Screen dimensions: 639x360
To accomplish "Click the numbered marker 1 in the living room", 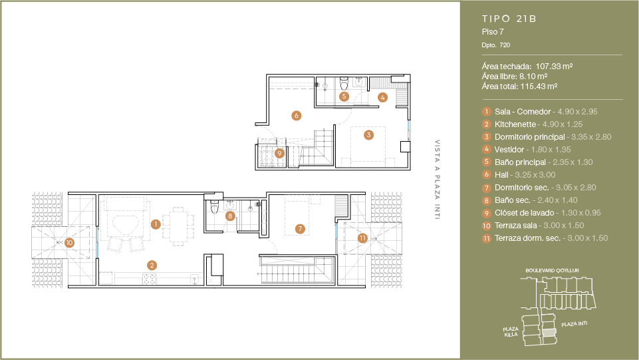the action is (x=156, y=224).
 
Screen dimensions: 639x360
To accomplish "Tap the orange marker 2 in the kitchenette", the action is (x=152, y=266).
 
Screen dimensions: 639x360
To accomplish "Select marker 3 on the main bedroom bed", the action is (x=368, y=135).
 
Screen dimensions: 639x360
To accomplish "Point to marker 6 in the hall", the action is (x=297, y=116).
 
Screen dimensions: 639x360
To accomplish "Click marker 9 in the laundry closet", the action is (x=279, y=154).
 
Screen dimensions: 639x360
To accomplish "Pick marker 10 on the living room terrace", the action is (x=69, y=243).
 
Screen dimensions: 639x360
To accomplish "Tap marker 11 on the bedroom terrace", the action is (x=362, y=238).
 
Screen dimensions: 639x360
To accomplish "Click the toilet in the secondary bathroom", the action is (x=215, y=207).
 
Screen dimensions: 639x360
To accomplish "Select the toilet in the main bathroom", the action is (x=344, y=83).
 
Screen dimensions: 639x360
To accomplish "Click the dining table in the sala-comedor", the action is (x=178, y=226).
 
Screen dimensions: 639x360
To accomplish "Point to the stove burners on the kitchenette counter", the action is (x=149, y=279).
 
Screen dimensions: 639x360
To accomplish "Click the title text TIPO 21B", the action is (x=509, y=19).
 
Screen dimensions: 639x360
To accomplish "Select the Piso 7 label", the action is (x=493, y=32).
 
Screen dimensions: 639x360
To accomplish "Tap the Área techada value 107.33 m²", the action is (x=555, y=66).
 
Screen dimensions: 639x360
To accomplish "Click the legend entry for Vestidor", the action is (x=533, y=150).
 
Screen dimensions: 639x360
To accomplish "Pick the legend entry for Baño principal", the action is (x=544, y=162).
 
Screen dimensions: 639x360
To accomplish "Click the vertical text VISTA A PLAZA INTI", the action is (x=438, y=180).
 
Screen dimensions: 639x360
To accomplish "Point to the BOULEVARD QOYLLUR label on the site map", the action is (x=552, y=270).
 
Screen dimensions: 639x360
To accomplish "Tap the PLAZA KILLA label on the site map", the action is (x=511, y=332).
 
